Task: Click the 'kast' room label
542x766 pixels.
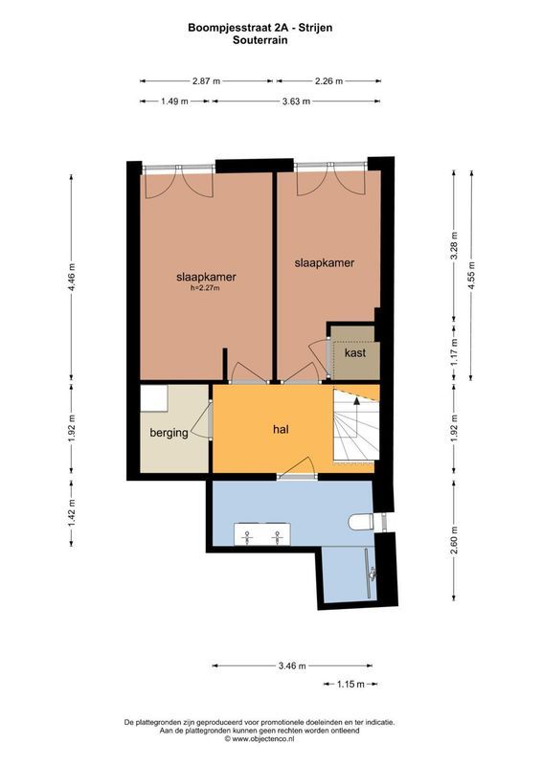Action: click(x=354, y=353)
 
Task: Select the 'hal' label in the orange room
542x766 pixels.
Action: click(x=281, y=429)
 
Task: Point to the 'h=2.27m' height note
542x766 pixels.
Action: click(x=205, y=287)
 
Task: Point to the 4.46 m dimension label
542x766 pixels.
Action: click(x=72, y=277)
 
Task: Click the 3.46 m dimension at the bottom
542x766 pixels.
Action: click(x=291, y=665)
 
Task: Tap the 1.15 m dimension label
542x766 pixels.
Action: click(x=351, y=684)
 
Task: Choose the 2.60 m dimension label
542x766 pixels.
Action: click(x=454, y=542)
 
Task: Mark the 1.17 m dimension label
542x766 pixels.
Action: click(x=454, y=355)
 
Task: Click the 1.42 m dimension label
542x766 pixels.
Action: click(x=72, y=510)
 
